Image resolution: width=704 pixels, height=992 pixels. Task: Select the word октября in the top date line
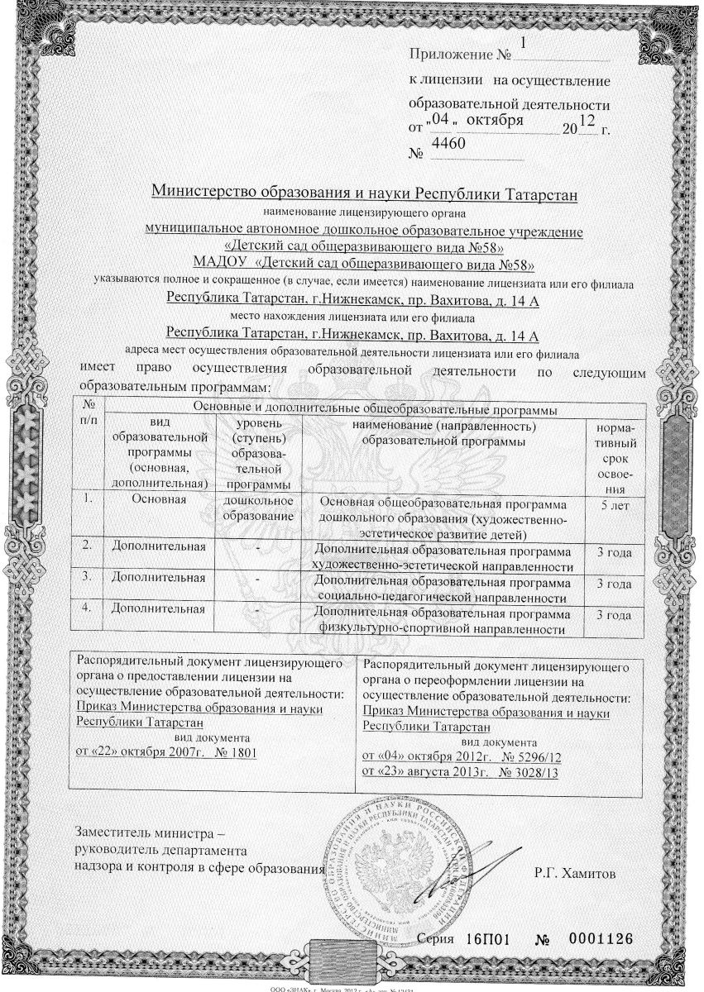pos(495,120)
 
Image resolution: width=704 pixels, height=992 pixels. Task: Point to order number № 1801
pos(231,752)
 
